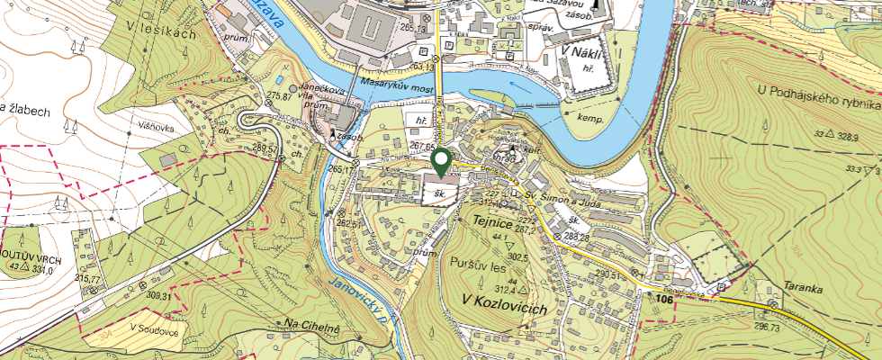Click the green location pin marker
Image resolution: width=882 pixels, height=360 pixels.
[x=441, y=162]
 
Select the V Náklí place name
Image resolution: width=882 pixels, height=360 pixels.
[x=581, y=51]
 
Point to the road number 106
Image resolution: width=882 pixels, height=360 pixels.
[x=664, y=297]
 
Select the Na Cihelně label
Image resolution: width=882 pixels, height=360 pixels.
[x=311, y=324]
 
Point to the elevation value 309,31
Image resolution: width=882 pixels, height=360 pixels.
[x=157, y=296]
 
